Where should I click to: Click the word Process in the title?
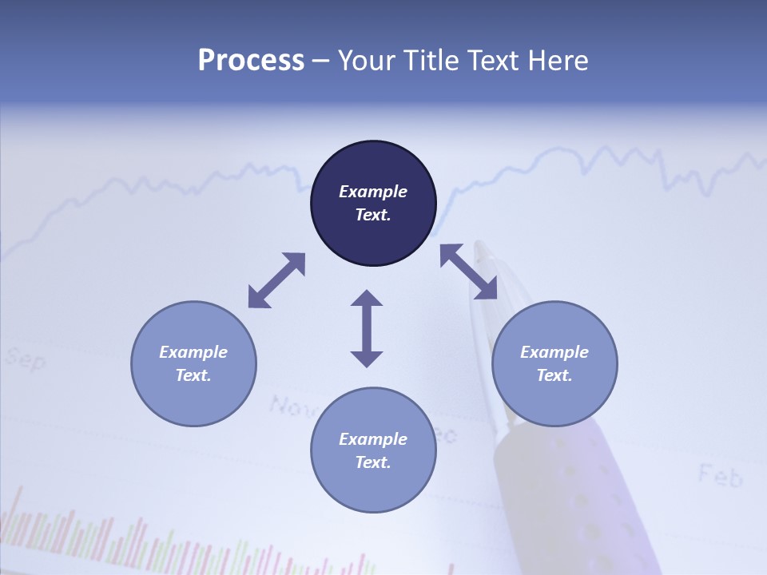[251, 61]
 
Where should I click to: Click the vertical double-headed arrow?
[367, 328]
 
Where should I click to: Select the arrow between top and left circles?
[276, 280]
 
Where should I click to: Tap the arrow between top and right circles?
[468, 272]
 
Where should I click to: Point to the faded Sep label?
[26, 359]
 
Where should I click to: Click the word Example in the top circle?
[373, 192]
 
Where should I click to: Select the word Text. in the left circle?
[193, 375]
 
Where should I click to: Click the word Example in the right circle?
[554, 352]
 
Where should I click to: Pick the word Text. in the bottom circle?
[373, 462]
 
